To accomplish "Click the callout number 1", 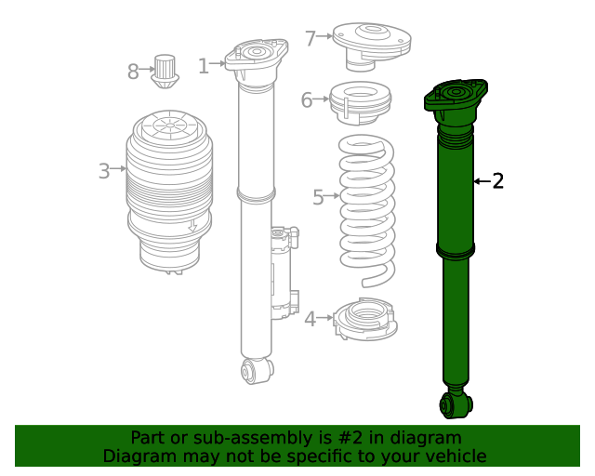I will (x=203, y=65).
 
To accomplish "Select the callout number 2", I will (x=497, y=181).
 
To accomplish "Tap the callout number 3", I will (x=103, y=171).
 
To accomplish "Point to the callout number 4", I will (x=310, y=320).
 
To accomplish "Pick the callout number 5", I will (x=318, y=197).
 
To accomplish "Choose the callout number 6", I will (x=307, y=100).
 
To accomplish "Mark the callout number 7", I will (x=311, y=38).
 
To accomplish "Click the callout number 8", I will (x=133, y=70).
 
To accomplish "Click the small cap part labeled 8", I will (x=166, y=71).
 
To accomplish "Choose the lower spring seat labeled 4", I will (x=365, y=320).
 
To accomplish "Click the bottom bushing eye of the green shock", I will (x=456, y=404).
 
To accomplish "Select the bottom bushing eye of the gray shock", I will (x=256, y=371).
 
